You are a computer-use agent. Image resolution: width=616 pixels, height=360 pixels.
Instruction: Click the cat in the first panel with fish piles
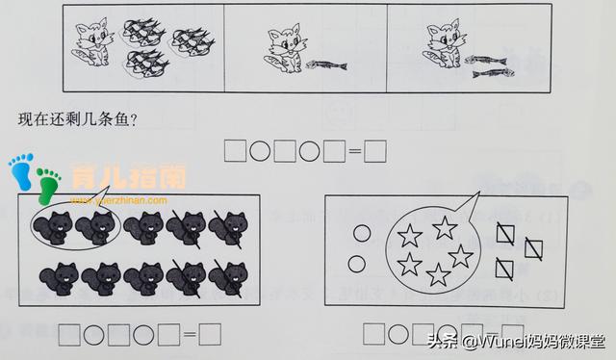[x=93, y=44]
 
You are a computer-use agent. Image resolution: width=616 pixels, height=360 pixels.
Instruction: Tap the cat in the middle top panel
[x=284, y=51]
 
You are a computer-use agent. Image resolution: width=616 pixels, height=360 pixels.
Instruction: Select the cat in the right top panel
[x=444, y=47]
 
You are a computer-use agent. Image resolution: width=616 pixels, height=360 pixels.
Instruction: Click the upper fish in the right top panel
[x=488, y=60]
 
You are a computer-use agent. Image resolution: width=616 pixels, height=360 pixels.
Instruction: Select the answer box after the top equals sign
[x=375, y=151]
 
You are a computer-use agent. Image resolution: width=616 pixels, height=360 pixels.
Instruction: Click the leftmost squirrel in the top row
[x=50, y=226]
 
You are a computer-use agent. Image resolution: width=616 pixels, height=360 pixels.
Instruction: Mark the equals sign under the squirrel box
[x=189, y=335]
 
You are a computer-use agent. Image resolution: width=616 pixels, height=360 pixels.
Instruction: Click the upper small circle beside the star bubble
[x=360, y=232]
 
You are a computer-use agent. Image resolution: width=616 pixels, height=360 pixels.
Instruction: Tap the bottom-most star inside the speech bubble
[x=439, y=275]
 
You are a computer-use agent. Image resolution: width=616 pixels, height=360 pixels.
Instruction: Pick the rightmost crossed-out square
[x=531, y=250]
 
